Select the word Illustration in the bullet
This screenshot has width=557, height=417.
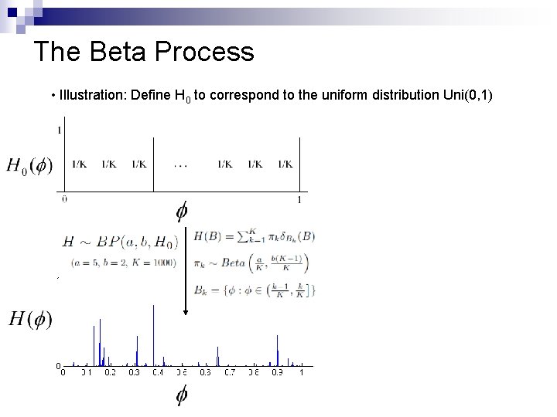(x=92, y=96)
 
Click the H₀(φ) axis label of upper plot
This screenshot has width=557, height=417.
(x=29, y=166)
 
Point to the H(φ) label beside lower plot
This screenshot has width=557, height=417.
(x=30, y=319)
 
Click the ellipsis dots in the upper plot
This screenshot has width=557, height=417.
(x=180, y=164)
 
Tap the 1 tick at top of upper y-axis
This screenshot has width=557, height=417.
(x=60, y=130)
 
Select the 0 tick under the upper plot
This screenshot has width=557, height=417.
(x=64, y=198)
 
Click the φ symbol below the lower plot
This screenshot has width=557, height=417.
(x=182, y=395)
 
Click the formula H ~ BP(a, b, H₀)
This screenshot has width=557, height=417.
(x=120, y=242)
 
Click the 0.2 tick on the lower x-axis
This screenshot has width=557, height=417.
(x=110, y=372)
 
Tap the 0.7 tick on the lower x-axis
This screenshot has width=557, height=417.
(x=230, y=372)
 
